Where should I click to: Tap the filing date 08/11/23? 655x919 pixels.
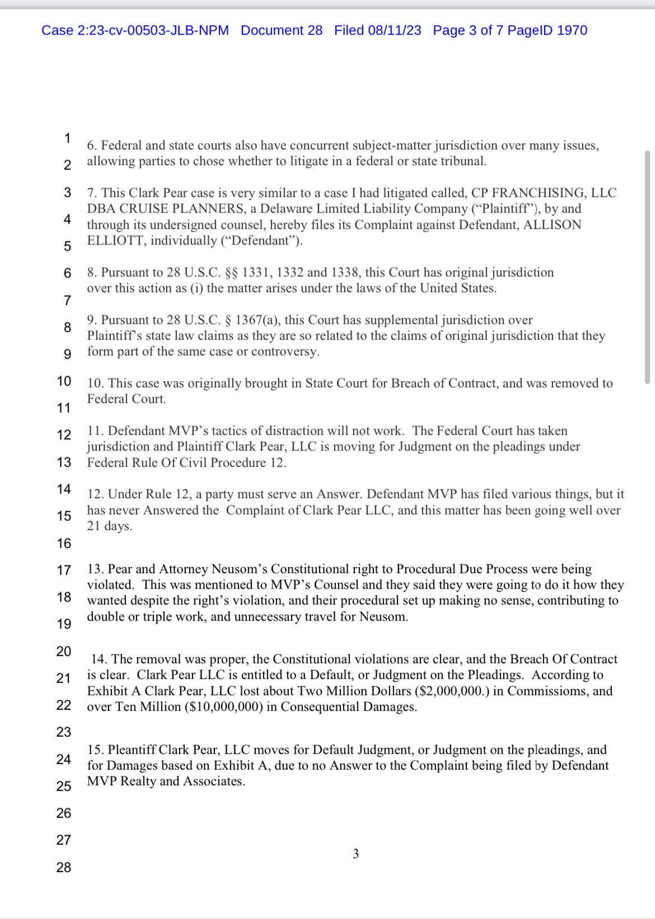tap(394, 30)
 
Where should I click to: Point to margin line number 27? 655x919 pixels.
tap(64, 840)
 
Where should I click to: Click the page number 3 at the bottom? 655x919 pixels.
tap(355, 854)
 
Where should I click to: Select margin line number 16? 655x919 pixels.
tap(64, 543)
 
